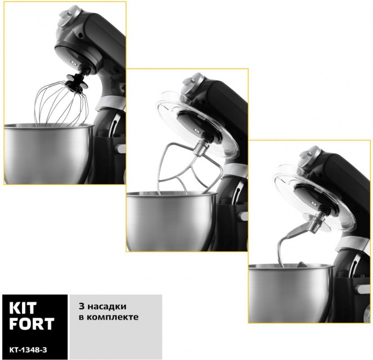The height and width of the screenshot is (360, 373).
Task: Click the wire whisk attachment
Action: click(x=61, y=105)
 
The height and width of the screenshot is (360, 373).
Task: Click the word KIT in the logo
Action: click(x=23, y=308)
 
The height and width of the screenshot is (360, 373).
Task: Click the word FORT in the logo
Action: click(x=32, y=324)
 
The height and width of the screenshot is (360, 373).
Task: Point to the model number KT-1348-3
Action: click(x=28, y=350)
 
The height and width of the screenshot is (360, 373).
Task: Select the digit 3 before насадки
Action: click(x=81, y=306)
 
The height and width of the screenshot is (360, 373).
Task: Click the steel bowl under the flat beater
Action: click(x=172, y=220)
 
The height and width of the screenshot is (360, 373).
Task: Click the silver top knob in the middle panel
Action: click(x=192, y=85)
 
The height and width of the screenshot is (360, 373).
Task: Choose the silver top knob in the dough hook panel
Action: click(x=309, y=157)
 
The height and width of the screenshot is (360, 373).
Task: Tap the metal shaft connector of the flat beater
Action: click(x=201, y=148)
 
